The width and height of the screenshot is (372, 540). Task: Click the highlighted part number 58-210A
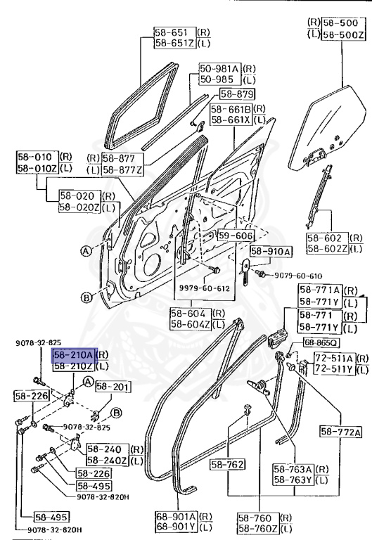point(73,355)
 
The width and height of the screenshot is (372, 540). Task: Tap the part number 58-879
point(236,94)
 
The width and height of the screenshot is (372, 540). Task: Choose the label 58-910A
point(270,251)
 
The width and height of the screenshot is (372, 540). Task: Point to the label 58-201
point(112,386)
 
